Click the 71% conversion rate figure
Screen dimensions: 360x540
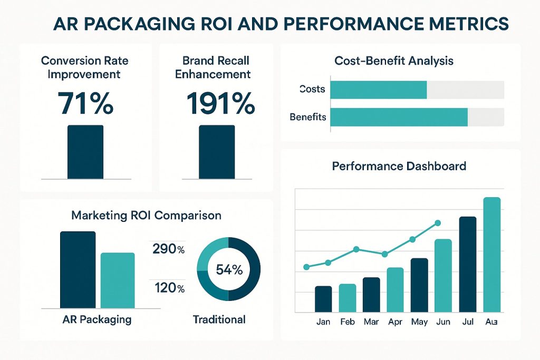click(86, 103)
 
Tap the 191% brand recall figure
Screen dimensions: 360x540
click(220, 103)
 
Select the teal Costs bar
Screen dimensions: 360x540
click(378, 90)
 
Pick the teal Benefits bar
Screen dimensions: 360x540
click(399, 117)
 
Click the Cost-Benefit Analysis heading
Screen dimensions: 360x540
click(394, 61)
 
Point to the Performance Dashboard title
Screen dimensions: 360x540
click(399, 167)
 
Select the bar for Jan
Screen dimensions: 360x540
click(323, 299)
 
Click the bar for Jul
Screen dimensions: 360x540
click(468, 264)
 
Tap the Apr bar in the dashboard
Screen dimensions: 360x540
click(395, 290)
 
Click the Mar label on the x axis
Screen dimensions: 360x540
click(371, 322)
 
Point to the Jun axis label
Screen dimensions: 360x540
click(443, 322)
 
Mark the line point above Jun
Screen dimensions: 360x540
click(437, 223)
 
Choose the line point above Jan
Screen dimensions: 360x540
click(307, 267)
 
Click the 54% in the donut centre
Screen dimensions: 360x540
click(229, 270)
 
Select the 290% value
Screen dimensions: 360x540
click(168, 249)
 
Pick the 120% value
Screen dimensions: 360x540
click(168, 288)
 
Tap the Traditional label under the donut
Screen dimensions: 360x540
click(219, 319)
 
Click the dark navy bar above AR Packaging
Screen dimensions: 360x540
click(78, 269)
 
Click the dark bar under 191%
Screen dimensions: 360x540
click(217, 152)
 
